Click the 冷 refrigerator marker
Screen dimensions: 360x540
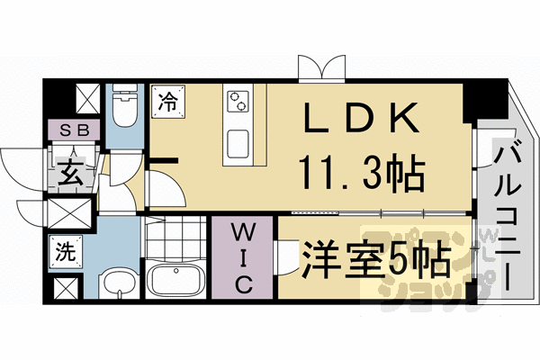click(168, 101)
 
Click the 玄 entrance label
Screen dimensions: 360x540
click(71, 171)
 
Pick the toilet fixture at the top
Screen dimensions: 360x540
click(123, 108)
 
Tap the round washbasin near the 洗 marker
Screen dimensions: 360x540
click(115, 285)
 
